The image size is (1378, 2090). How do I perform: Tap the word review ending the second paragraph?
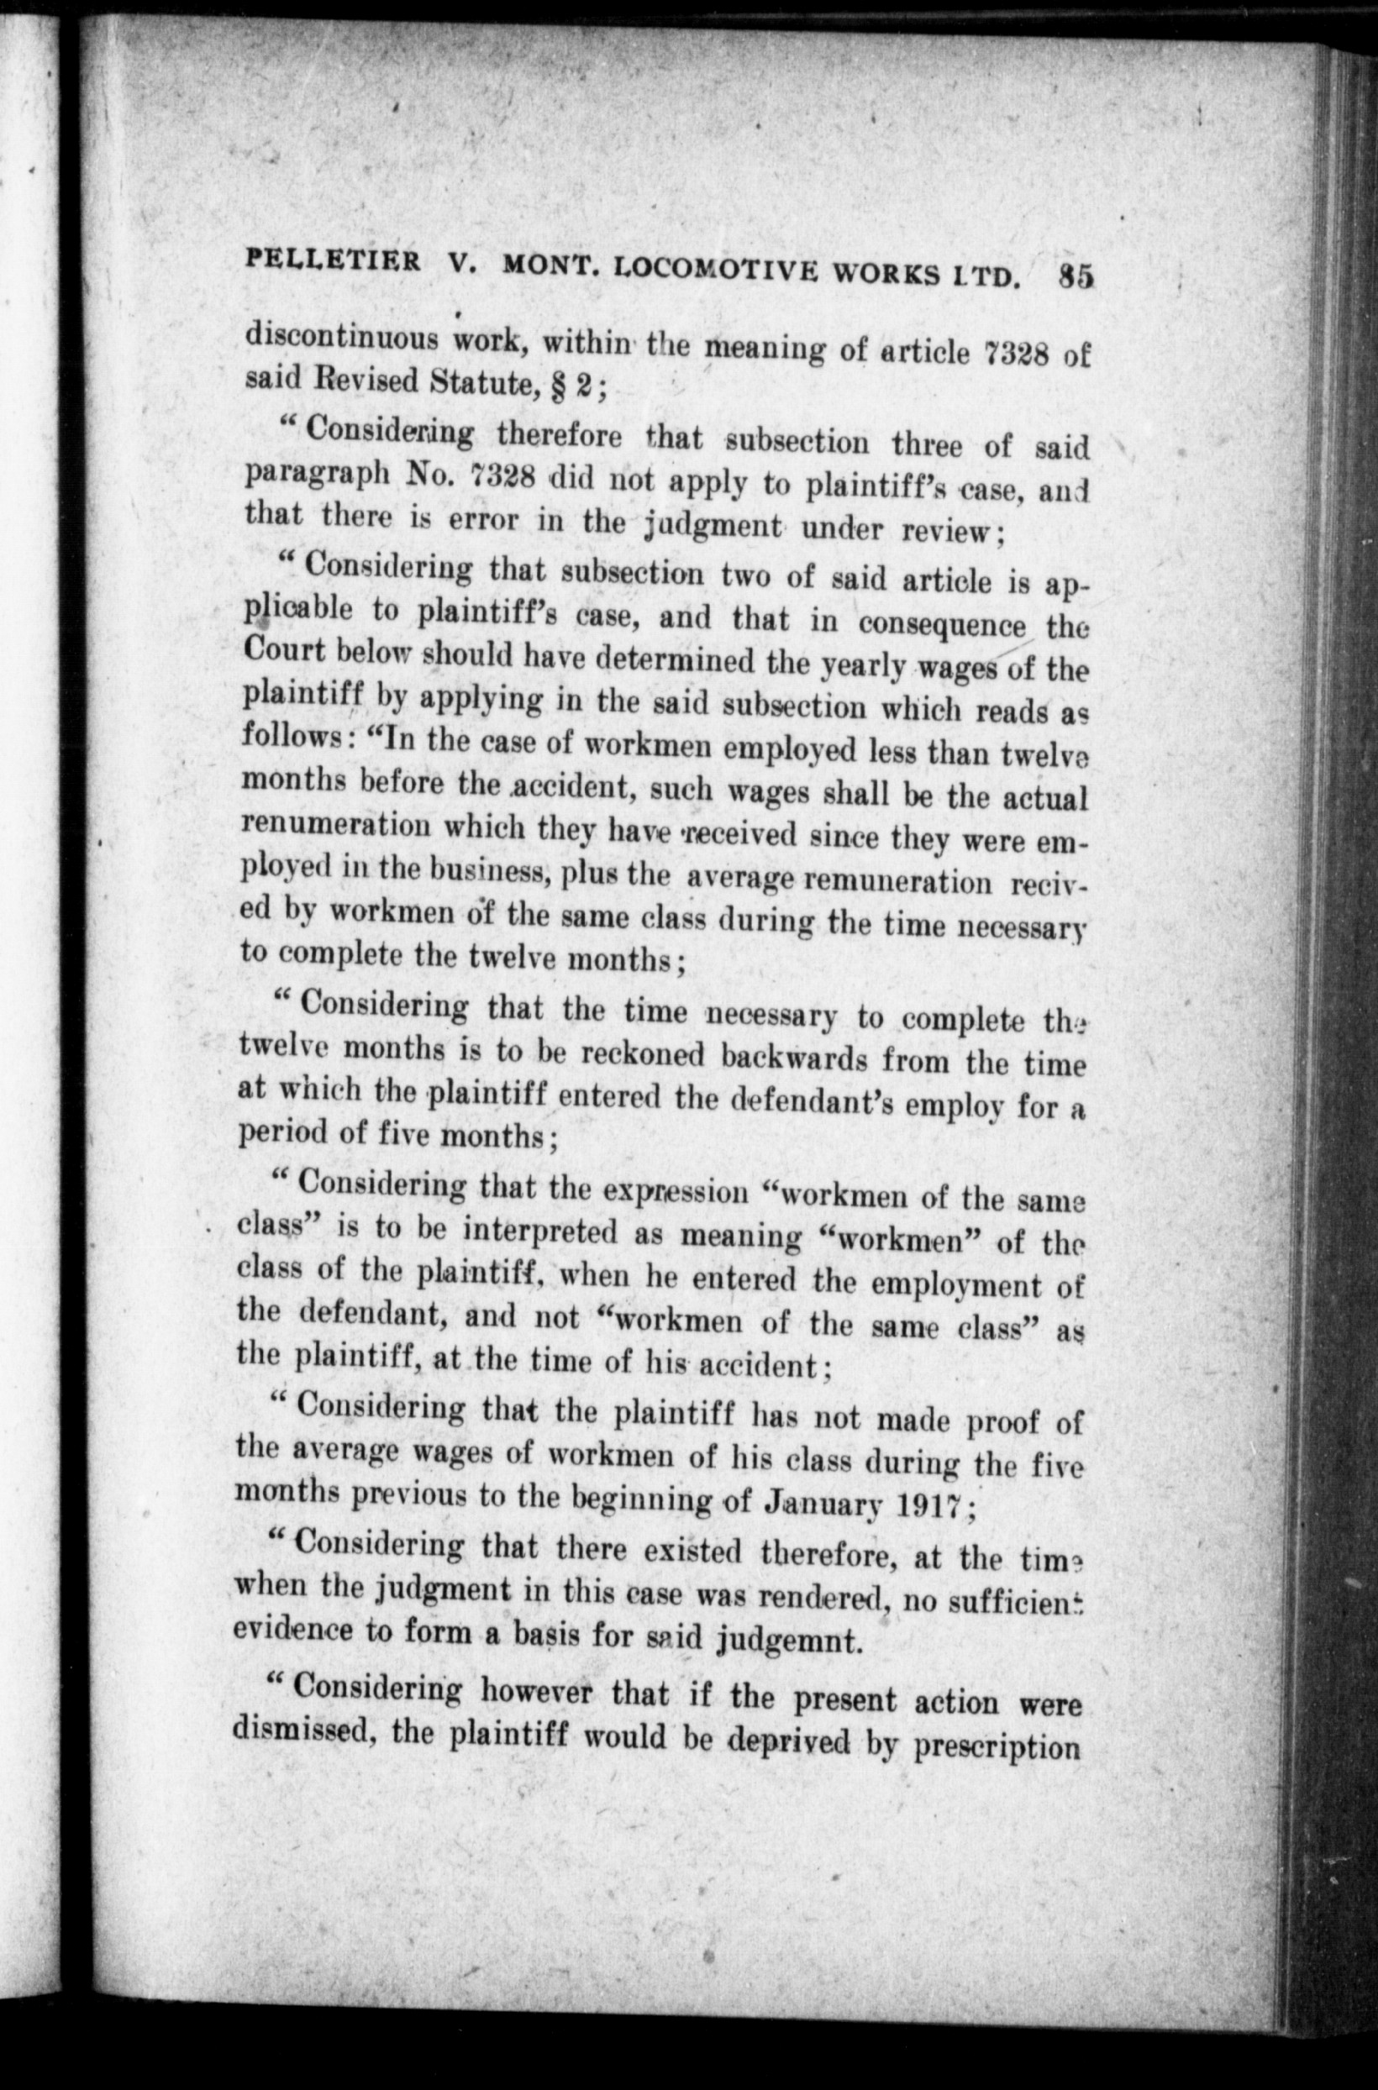949,531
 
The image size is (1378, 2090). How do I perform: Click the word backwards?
792,1058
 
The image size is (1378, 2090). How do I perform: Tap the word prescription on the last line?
996,1744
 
